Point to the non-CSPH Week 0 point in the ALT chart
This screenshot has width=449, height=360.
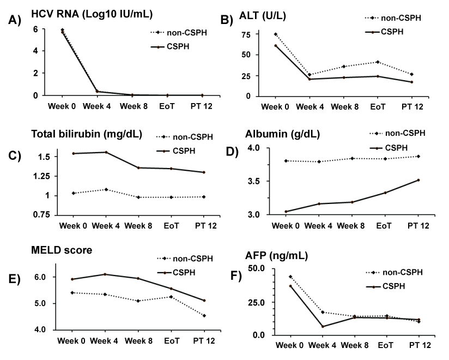coord(276,34)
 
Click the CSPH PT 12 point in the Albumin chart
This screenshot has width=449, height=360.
coord(417,180)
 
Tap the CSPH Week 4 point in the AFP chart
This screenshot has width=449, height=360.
coord(323,326)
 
